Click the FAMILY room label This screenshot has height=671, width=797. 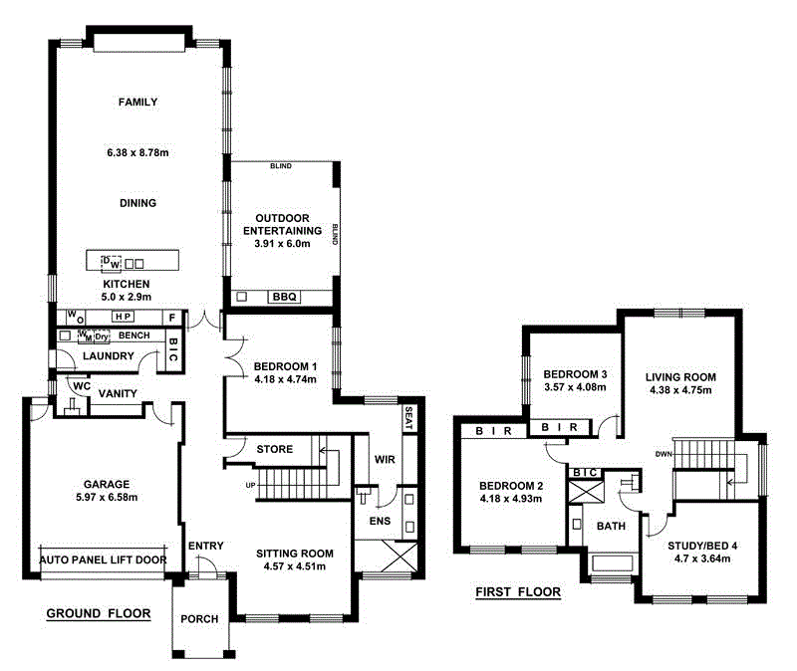(x=137, y=102)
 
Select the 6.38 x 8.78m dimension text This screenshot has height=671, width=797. (x=137, y=153)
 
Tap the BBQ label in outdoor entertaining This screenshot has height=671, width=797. (x=283, y=297)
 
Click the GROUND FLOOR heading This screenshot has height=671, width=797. (x=99, y=614)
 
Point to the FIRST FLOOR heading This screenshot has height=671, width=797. (x=518, y=592)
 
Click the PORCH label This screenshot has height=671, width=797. (x=199, y=619)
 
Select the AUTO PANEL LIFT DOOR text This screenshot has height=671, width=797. (x=103, y=560)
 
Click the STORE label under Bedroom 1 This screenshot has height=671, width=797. (x=275, y=449)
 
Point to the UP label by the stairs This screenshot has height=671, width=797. (x=252, y=485)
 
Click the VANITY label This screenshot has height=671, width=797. (x=117, y=394)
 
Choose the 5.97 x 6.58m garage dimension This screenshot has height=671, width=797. (x=103, y=497)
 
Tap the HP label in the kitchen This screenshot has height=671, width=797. (x=124, y=317)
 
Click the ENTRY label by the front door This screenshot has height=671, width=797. (x=204, y=546)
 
